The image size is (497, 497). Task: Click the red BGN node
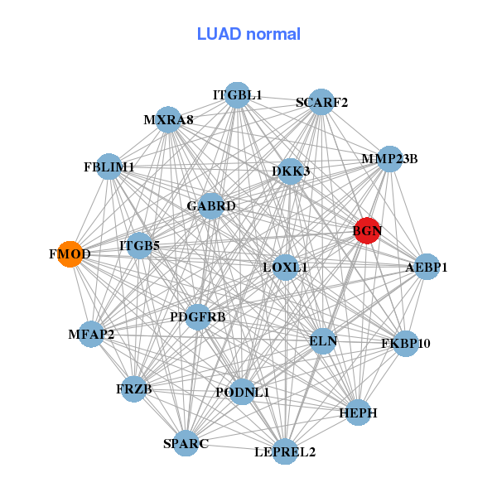[x=367, y=231]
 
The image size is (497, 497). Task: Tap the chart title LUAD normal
[x=248, y=34]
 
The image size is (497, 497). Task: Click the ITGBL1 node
[x=238, y=95]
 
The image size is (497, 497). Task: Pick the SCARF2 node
[x=321, y=102]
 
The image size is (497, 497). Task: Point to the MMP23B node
[x=389, y=158]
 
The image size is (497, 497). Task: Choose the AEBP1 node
[x=426, y=267]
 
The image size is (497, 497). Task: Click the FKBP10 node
[x=405, y=343]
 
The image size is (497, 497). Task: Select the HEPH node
[x=358, y=412]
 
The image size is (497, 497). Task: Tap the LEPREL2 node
[x=285, y=451]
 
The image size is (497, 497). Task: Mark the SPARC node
[x=186, y=443]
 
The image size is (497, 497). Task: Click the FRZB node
[x=134, y=388]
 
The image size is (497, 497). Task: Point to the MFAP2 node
[x=92, y=335]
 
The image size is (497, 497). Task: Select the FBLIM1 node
[x=109, y=166]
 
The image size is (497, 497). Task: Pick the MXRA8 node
[x=168, y=119]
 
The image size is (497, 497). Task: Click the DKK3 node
[x=291, y=171]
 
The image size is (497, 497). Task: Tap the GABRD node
[x=211, y=205]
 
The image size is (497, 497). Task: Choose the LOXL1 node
[x=285, y=267]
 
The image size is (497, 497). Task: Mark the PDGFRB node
[x=198, y=316]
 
